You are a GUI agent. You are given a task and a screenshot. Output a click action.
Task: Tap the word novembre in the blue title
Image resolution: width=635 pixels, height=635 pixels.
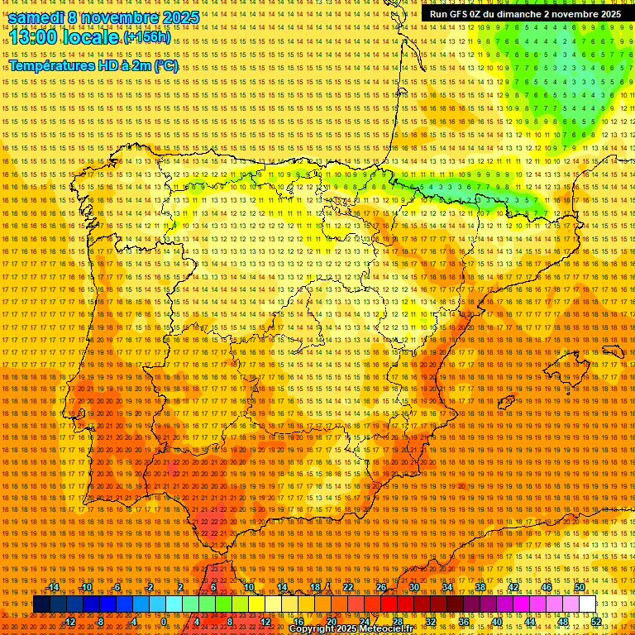click(123, 17)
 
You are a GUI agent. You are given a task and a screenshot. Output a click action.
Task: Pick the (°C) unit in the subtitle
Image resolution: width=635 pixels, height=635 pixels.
click(165, 65)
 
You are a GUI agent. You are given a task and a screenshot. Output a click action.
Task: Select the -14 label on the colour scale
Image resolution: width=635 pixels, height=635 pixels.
click(54, 587)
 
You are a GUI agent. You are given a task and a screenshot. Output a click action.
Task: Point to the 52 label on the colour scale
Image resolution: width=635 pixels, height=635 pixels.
click(596, 621)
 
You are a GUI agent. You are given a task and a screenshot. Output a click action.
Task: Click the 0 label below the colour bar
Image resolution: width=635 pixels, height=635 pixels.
click(164, 621)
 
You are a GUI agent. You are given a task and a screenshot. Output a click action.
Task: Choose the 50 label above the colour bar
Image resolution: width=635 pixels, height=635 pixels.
click(580, 587)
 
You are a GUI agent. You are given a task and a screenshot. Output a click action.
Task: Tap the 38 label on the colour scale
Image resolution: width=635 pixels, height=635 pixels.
click(480, 587)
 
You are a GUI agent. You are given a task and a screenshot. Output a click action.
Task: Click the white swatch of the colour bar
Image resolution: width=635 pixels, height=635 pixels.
click(588, 604)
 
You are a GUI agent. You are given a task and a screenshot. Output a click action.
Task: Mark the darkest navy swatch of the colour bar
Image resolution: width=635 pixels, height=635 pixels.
click(41, 604)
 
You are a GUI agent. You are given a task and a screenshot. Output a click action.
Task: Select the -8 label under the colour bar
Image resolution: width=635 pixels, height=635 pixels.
click(100, 621)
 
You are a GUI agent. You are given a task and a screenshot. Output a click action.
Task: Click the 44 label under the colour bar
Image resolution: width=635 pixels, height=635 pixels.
click(530, 621)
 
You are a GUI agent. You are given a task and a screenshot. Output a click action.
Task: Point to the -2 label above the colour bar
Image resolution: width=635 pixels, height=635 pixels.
click(149, 587)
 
